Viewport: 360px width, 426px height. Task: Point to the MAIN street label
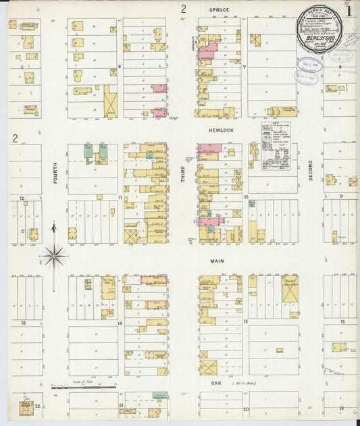click(216, 260)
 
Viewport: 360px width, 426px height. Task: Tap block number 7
click(244, 68)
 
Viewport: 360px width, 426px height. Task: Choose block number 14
click(120, 323)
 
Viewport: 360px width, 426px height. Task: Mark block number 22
click(37, 406)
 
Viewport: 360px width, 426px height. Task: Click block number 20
click(246, 409)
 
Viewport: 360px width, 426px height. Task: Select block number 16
click(342, 322)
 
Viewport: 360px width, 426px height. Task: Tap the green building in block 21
click(159, 397)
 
